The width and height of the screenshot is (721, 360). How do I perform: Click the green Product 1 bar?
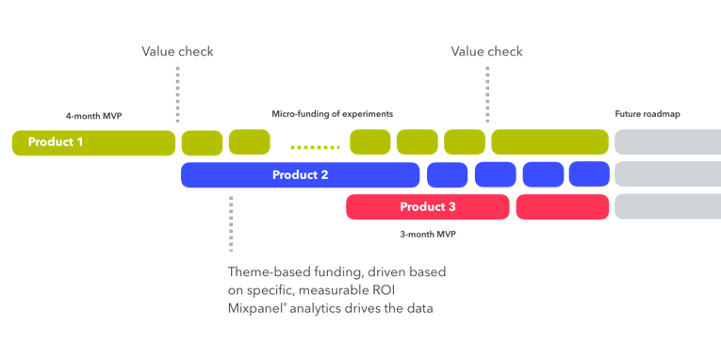(x=93, y=143)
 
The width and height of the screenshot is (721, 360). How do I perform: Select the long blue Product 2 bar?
(x=300, y=175)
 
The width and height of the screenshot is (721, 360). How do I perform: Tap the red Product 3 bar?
(x=427, y=207)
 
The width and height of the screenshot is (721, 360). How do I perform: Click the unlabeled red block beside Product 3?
(x=562, y=207)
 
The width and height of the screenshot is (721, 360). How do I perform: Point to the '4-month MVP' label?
(x=93, y=116)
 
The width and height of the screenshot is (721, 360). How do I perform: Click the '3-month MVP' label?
(x=429, y=234)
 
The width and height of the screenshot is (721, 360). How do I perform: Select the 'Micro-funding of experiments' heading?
(x=332, y=114)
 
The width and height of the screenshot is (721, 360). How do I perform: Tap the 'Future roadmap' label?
(x=647, y=114)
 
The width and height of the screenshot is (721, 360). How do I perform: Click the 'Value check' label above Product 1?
(x=177, y=52)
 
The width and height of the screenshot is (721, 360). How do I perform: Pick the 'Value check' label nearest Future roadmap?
(x=486, y=52)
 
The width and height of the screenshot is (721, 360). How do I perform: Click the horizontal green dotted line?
(x=315, y=147)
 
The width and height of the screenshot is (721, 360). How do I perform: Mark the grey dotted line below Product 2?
(x=231, y=224)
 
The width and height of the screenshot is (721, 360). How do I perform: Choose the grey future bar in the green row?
(x=667, y=142)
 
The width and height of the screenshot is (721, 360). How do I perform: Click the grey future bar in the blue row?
(x=667, y=174)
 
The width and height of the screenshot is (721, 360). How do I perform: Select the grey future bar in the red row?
(x=667, y=206)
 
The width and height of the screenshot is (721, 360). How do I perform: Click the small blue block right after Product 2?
(x=447, y=175)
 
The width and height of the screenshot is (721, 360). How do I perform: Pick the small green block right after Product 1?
(x=202, y=143)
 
